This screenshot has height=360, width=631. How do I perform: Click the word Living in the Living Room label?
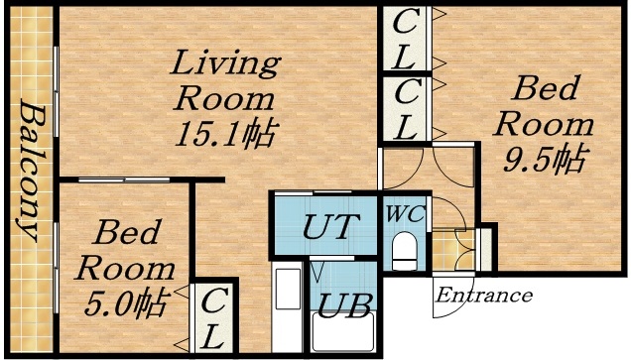pos(225,65)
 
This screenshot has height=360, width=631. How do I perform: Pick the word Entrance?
pos(484,296)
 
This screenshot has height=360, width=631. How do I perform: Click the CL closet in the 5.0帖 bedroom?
pos(214,317)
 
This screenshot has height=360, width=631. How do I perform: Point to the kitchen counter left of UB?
pos(288,309)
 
